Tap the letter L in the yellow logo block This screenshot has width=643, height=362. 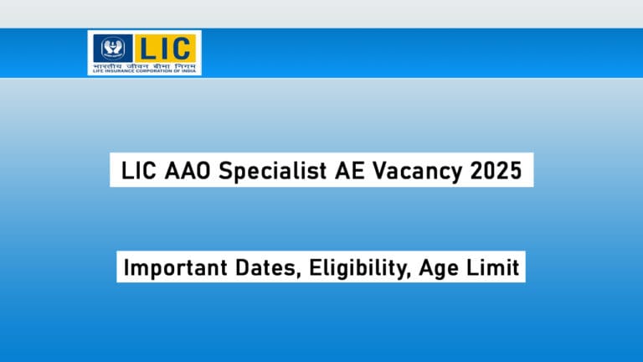tap(149, 48)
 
